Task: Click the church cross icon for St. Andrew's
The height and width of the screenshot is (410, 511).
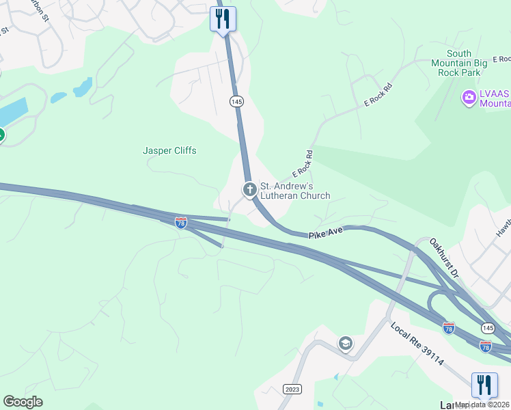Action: [250, 189]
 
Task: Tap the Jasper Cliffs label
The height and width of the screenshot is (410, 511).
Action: [169, 150]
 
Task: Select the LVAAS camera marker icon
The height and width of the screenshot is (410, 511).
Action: [469, 98]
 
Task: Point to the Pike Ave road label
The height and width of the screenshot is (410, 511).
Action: [325, 234]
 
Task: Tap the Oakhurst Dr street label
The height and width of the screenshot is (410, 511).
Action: [445, 258]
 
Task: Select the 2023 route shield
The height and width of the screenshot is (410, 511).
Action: [292, 389]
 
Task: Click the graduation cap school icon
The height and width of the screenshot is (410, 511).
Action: [346, 343]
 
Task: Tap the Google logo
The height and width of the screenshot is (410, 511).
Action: [23, 402]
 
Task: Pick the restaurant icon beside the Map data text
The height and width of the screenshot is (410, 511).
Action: [484, 384]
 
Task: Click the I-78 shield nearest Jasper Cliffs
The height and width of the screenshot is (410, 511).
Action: [180, 222]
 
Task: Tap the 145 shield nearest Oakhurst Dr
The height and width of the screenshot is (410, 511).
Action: [488, 327]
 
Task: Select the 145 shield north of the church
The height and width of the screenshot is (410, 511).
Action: [236, 102]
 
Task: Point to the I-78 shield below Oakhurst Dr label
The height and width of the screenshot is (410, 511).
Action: [448, 328]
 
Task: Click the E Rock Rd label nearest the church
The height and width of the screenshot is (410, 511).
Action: [302, 164]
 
